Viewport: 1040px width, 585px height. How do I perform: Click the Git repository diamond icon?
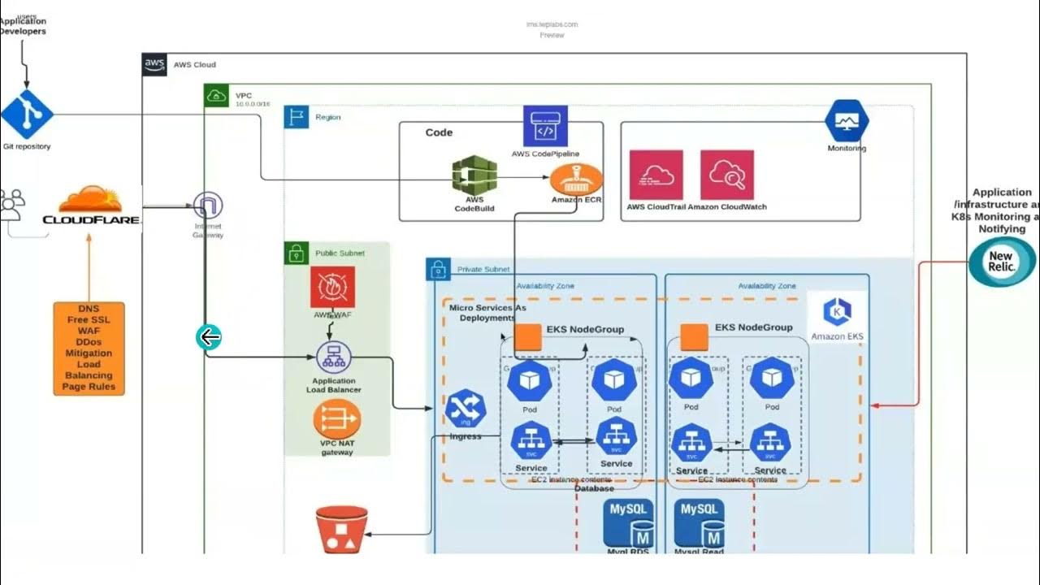pos(27,115)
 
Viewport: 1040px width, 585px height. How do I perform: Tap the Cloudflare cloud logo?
pos(90,201)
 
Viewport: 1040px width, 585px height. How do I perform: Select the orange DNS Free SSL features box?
pos(89,349)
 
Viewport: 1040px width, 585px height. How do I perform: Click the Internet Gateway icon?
pos(208,206)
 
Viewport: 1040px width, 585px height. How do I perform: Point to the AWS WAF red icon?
pos(332,288)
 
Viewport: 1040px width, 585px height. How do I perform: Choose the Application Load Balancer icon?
pos(332,357)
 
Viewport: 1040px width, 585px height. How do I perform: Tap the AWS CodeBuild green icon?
pos(474,176)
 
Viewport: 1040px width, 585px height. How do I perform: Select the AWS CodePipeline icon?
pos(545,127)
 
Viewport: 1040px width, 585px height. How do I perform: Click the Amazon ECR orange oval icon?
pos(576,179)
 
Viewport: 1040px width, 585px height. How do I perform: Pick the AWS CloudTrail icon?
pos(656,175)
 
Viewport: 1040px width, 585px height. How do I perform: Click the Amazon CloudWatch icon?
pos(727,175)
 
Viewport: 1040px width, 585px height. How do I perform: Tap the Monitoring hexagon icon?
pos(847,121)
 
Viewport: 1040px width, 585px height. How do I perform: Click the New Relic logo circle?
pos(1001,261)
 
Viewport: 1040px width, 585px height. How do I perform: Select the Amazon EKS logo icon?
pos(837,311)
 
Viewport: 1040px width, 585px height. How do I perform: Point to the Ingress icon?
pos(466,409)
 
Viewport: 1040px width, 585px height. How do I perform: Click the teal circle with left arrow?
pos(209,336)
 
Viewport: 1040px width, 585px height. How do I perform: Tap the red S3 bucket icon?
pos(341,529)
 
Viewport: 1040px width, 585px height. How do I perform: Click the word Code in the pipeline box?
pos(439,132)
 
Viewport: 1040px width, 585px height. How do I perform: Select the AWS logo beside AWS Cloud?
pos(154,65)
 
